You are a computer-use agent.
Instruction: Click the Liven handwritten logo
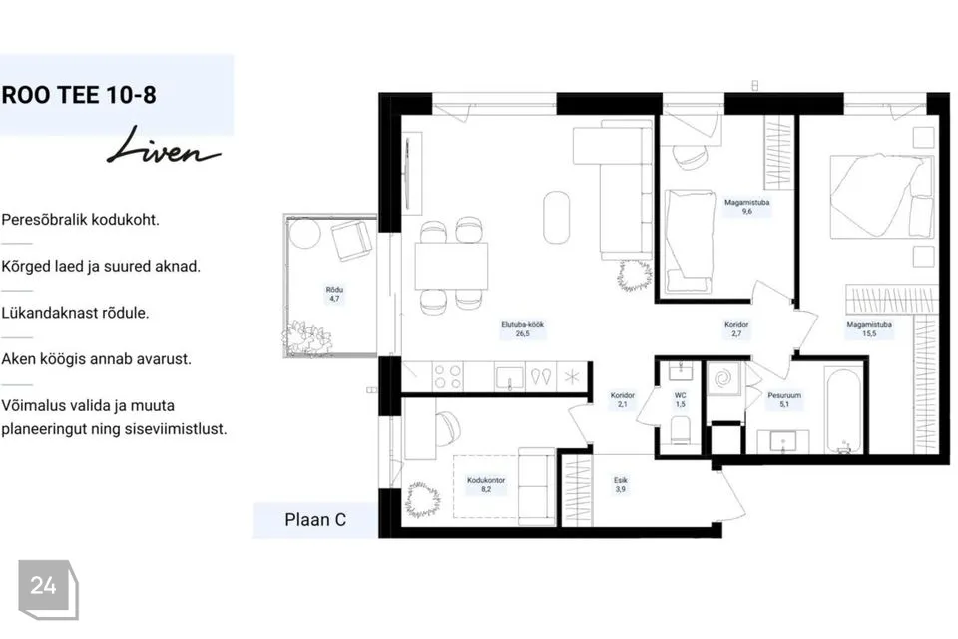(163, 146)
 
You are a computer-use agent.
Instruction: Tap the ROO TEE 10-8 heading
(79, 95)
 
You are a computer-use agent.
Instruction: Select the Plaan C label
(315, 520)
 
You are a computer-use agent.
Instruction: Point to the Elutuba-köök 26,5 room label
(522, 329)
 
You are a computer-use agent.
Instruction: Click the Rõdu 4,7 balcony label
(334, 294)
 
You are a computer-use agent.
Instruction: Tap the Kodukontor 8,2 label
(486, 485)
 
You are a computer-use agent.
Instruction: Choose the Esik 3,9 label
(620, 485)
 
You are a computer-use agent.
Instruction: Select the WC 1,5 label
(680, 400)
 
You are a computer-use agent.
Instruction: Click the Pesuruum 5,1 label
(784, 400)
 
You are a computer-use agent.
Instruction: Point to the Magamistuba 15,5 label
(869, 329)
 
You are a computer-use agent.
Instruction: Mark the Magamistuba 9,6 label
(746, 207)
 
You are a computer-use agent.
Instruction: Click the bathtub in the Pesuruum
(843, 410)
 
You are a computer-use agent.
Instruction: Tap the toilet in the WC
(680, 431)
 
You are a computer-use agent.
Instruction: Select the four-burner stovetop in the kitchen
(447, 377)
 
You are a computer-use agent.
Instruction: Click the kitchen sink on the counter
(509, 377)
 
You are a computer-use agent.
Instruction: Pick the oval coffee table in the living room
(556, 217)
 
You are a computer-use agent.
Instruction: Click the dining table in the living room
(451, 266)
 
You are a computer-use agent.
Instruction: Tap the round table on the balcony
(305, 233)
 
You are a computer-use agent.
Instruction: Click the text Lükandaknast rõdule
(75, 313)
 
